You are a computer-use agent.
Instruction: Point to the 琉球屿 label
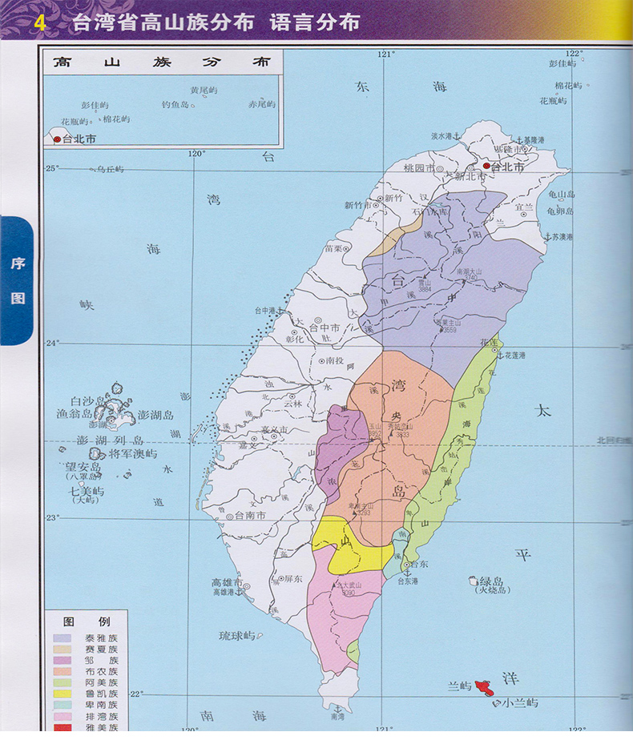pyautogui.click(x=237, y=636)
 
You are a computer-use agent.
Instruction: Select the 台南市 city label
pyautogui.click(x=250, y=516)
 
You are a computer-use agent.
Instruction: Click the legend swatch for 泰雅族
pyautogui.click(x=65, y=638)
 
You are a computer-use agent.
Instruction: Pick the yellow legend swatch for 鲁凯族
pyautogui.click(x=65, y=694)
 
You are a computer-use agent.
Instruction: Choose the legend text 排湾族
pyautogui.click(x=101, y=717)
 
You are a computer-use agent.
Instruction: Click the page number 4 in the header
pyautogui.click(x=39, y=22)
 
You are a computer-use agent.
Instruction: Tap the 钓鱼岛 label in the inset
pyautogui.click(x=175, y=105)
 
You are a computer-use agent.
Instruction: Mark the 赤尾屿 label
pyautogui.click(x=261, y=105)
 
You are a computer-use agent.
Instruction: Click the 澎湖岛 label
pyautogui.click(x=155, y=415)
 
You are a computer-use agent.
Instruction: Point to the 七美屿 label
pyautogui.click(x=86, y=491)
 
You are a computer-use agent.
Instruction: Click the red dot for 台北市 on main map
pyautogui.click(x=486, y=167)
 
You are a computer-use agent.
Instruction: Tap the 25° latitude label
pyautogui.click(x=52, y=168)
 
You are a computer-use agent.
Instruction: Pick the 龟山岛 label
pyautogui.click(x=561, y=195)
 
